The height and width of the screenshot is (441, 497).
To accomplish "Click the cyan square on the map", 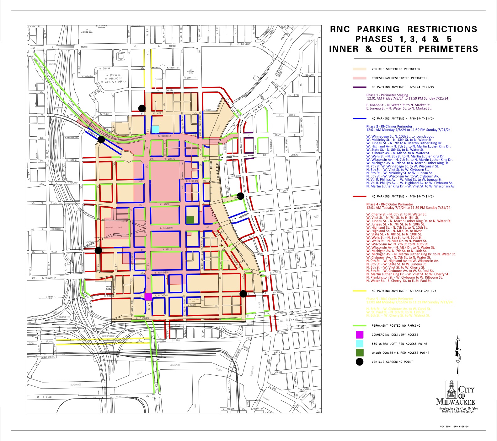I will (155, 129).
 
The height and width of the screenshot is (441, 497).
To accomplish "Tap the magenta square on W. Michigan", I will (148, 297).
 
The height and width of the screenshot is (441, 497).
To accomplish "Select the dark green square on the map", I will (190, 220).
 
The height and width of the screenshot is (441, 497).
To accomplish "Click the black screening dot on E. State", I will (240, 195).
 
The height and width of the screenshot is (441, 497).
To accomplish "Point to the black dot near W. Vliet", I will (142, 108).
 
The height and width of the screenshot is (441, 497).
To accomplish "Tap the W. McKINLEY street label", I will (164, 136).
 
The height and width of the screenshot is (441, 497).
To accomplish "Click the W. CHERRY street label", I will (169, 90).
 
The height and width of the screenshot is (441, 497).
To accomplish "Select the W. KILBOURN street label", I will (167, 228).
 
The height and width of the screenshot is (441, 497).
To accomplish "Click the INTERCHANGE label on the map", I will (109, 336).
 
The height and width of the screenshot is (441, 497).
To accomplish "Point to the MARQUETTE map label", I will (65, 317).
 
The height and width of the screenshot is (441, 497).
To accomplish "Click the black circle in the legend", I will (360, 362).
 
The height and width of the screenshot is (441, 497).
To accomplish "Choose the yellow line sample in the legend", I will (360, 291).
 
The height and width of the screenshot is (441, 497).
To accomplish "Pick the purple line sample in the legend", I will (360, 87).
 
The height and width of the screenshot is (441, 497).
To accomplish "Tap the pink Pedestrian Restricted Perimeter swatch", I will (360, 78).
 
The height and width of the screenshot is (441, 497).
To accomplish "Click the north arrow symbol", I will (458, 353).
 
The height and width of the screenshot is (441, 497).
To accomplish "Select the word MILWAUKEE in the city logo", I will (455, 402).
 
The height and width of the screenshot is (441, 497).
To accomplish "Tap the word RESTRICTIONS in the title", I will (442, 29).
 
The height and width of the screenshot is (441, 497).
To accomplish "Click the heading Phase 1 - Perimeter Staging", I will (387, 95).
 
